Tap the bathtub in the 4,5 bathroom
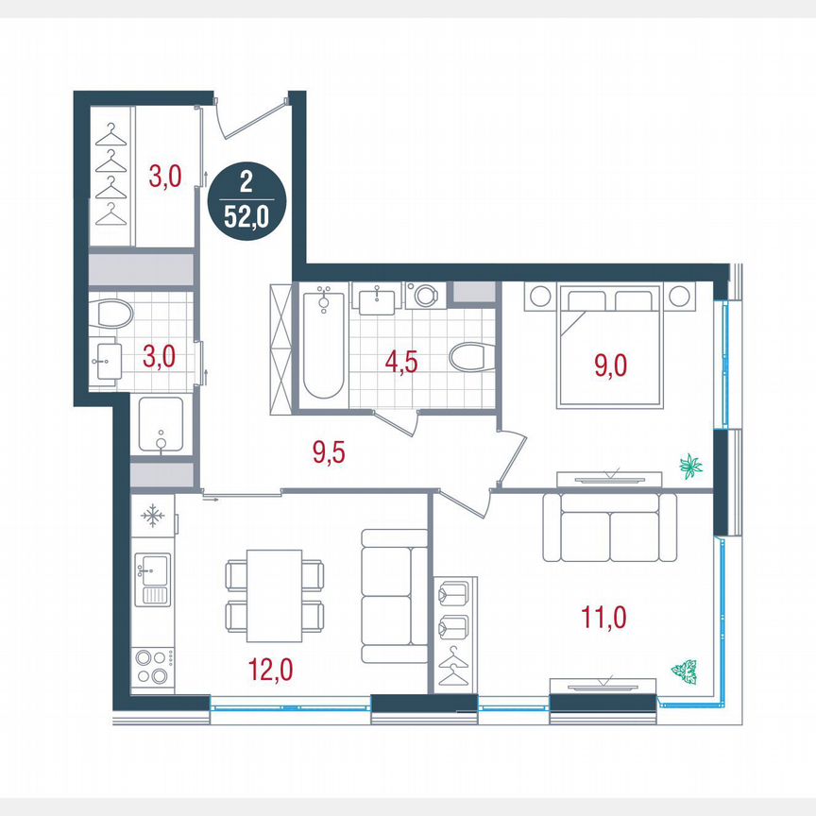[324, 345]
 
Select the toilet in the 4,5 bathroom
[470, 357]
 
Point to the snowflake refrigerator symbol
[152, 517]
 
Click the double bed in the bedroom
[611, 346]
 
